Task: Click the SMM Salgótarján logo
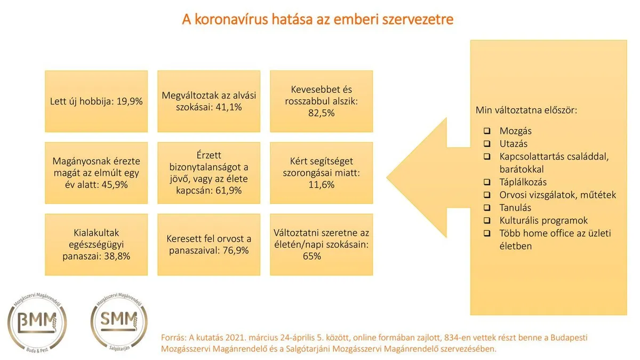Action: [x=119, y=322]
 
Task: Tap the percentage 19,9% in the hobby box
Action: [x=130, y=101]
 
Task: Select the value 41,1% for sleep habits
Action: [x=229, y=107]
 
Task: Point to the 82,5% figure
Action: [x=321, y=113]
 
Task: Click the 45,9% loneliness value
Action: [x=115, y=185]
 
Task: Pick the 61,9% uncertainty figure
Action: [x=229, y=190]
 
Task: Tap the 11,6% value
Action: [x=321, y=185]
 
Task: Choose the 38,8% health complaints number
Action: [x=117, y=256]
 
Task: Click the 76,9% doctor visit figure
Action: [x=236, y=250]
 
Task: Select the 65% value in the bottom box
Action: [x=311, y=256]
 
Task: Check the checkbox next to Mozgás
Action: [x=487, y=131]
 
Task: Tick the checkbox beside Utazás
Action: [x=487, y=143]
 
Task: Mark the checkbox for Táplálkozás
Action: [x=487, y=182]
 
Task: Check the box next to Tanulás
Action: [x=487, y=207]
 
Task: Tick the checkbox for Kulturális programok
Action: [x=487, y=220]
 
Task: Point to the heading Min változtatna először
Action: [x=526, y=110]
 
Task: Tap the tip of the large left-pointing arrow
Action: [x=387, y=178]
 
